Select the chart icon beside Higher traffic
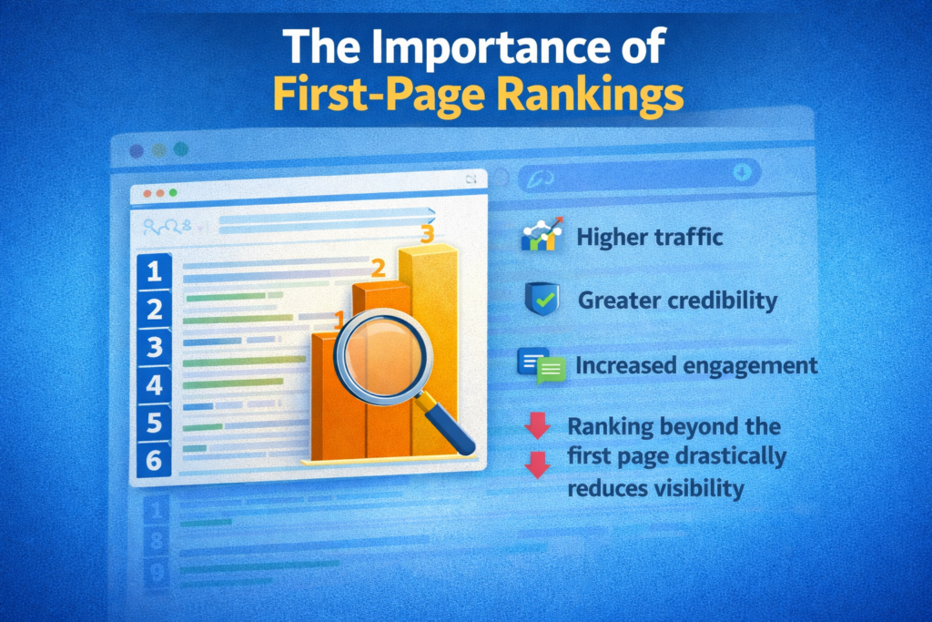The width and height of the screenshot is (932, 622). [541, 237]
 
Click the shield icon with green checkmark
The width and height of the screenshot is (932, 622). [542, 299]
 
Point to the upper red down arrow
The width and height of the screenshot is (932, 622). [537, 425]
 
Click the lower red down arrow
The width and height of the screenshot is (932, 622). [537, 464]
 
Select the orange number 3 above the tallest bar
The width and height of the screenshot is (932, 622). [426, 234]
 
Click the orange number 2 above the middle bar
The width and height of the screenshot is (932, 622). [378, 269]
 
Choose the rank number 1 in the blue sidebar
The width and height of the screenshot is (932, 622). [154, 270]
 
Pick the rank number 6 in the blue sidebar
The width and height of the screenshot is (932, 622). [154, 460]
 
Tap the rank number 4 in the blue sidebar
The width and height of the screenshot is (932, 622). [154, 385]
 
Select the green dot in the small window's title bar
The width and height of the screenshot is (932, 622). [171, 194]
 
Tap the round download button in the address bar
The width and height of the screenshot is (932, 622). [743, 172]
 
